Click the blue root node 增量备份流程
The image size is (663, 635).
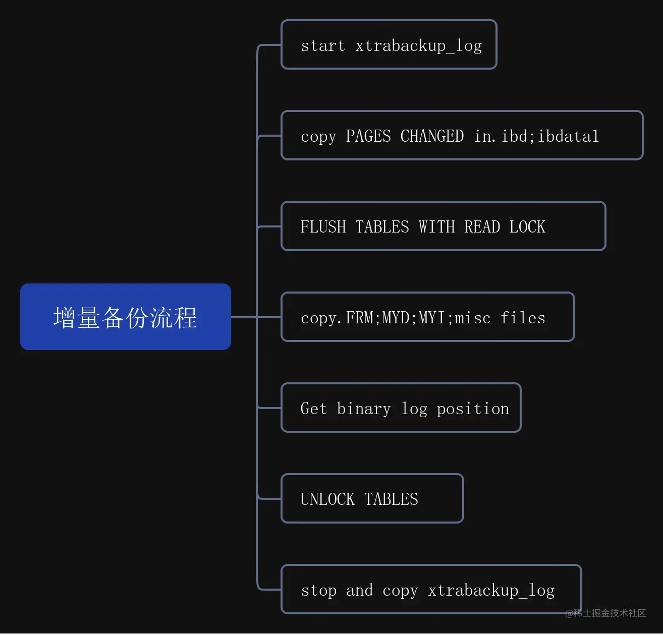point(125,317)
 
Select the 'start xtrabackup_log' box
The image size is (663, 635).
point(389,45)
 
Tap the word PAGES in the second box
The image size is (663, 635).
point(368,136)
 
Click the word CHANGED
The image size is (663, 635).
point(432,136)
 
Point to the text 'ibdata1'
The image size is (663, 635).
point(568,136)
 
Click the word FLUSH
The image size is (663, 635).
point(323,227)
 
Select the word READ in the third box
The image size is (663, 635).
point(482,227)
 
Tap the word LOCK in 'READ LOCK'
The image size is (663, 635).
point(527,227)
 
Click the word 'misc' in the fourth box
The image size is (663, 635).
point(473,318)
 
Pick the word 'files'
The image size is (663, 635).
point(523,318)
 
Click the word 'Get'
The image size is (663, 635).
point(313,409)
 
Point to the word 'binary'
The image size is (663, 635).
point(364,409)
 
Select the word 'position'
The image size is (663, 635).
point(473,409)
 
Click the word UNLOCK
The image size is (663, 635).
point(327,499)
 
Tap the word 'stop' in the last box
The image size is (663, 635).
point(318,590)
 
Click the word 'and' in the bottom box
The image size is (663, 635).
point(359,590)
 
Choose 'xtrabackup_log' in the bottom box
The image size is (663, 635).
point(491,590)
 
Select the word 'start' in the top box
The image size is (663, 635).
point(323,45)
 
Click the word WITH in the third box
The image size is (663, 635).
point(436,227)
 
